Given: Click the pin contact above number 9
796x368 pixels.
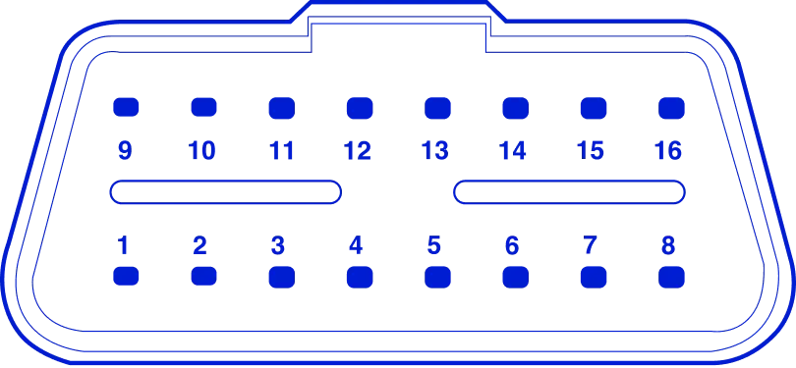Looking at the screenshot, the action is coord(126,107).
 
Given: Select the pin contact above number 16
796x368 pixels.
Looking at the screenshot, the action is coord(670,107).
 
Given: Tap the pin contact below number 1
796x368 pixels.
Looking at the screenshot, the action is coord(126,278).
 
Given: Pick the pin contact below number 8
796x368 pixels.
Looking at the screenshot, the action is coord(670,278).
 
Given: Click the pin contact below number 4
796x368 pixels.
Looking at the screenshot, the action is coord(359,278).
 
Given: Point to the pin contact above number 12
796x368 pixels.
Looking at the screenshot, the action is coord(359,107).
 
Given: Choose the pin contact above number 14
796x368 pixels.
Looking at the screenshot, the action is coord(514,107).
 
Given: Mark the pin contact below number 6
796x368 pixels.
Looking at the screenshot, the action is coord(514,278).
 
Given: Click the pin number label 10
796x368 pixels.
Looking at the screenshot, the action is coord(203,150).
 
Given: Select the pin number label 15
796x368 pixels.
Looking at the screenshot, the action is coord(592,150).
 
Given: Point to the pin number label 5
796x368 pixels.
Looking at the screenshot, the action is coord(434,244).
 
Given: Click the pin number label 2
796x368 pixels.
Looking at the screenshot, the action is coord(201,244).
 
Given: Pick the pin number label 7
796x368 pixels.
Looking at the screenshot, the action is coord(590,244).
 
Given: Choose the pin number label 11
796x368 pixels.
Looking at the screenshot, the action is coord(281,150).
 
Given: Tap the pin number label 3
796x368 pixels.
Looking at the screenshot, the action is coord(279,244).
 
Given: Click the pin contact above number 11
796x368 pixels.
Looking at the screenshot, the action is coord(281,107).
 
